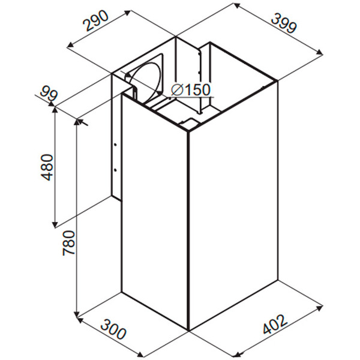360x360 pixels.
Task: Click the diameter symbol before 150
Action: [x=176, y=89]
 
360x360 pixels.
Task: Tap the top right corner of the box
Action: [x=275, y=80]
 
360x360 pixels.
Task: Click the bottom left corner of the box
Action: [x=122, y=293]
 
